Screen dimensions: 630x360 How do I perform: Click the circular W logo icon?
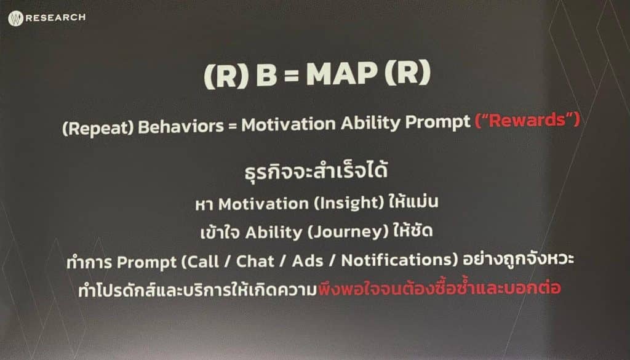pyautogui.click(x=15, y=18)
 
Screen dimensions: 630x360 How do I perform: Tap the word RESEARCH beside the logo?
pyautogui.click(x=55, y=18)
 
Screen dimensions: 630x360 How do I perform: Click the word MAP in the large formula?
pyautogui.click(x=342, y=74)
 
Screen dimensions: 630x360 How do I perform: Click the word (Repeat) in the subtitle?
pyautogui.click(x=98, y=128)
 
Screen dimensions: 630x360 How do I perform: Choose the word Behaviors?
pyautogui.click(x=181, y=126)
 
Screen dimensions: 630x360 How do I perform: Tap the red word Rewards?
pyautogui.click(x=527, y=120)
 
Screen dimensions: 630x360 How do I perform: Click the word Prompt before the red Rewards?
pyautogui.click(x=438, y=122)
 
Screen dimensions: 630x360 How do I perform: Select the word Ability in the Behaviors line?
pyautogui.click(x=370, y=123)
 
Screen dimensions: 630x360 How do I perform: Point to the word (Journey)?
pyautogui.click(x=348, y=232)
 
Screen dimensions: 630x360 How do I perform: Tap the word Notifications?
pyautogui.click(x=397, y=260)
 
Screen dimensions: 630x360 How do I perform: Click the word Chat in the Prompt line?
pyautogui.click(x=255, y=261)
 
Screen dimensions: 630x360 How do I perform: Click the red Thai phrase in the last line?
pyautogui.click(x=439, y=287)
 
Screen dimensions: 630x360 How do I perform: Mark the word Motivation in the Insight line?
pyautogui.click(x=263, y=204)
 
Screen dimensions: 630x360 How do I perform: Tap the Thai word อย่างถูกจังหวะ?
pyautogui.click(x=518, y=259)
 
